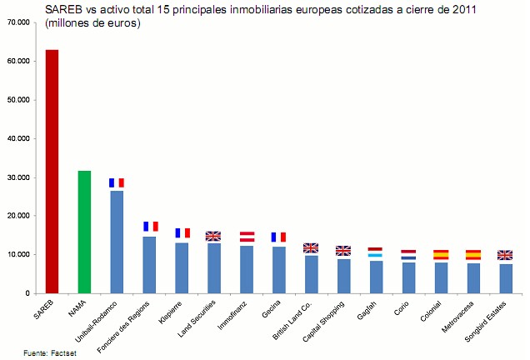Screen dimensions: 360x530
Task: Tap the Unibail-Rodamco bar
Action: point(117,242)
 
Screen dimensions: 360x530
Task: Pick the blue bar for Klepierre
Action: point(182,267)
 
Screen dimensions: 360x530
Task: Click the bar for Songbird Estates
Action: point(505,278)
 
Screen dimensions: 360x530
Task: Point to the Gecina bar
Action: point(278,269)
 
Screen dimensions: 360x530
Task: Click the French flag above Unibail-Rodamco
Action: point(117,182)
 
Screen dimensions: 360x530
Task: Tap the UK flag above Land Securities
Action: point(213,236)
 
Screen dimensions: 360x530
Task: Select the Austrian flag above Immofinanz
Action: point(247,237)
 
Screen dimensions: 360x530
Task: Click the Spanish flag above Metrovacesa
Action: point(472,255)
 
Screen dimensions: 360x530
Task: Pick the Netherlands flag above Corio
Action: point(408,254)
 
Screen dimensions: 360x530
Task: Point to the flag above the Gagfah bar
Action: point(376,252)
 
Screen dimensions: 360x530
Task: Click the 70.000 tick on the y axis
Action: point(17,22)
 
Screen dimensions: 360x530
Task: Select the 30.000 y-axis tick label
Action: point(17,177)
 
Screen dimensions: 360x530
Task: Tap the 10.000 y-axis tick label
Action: point(17,254)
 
